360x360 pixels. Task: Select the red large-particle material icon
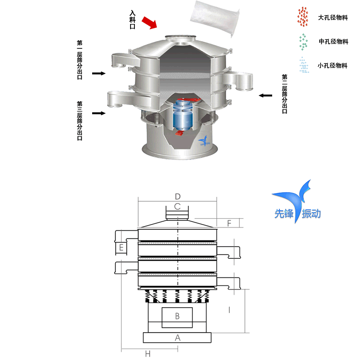(x=303, y=17)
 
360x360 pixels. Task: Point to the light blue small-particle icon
(x=303, y=65)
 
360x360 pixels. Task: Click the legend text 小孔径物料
(x=333, y=65)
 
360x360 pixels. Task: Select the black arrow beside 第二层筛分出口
(x=265, y=96)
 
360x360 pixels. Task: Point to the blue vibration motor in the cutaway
(x=183, y=115)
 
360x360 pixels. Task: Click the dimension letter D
(x=178, y=196)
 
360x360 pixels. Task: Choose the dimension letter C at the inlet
(x=178, y=207)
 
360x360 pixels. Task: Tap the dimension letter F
(x=229, y=223)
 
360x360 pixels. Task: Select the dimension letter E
(x=122, y=248)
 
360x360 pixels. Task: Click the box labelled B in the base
(x=177, y=316)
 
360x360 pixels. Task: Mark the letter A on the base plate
(x=178, y=337)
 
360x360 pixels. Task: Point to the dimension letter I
(x=229, y=310)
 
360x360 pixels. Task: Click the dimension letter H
(x=148, y=354)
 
